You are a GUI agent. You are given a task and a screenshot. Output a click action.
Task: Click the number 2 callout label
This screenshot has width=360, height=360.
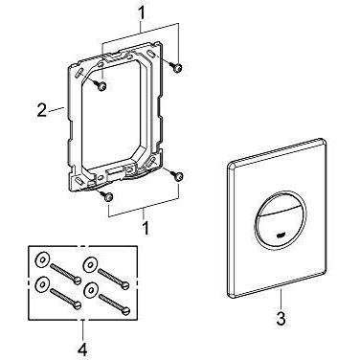[x=41, y=111]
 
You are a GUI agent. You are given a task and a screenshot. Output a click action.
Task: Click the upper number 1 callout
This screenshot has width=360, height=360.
[x=141, y=13]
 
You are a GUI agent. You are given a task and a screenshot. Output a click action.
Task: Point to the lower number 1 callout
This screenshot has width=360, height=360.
[x=146, y=228]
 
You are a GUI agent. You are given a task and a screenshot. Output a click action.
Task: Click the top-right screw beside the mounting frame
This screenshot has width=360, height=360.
[x=176, y=67]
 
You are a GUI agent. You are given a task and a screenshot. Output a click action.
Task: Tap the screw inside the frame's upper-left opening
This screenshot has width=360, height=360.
[x=100, y=85]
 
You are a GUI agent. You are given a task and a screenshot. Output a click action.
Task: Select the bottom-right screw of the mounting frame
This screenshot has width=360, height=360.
[x=177, y=175]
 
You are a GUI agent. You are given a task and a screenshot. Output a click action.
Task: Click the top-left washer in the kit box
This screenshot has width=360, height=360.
[x=41, y=259]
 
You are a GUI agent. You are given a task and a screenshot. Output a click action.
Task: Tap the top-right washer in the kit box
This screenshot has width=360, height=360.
[x=88, y=263]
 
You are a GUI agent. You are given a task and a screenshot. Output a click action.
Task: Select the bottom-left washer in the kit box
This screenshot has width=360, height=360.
[x=41, y=283]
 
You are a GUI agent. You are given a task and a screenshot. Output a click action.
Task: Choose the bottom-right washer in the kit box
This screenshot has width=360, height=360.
[x=91, y=289]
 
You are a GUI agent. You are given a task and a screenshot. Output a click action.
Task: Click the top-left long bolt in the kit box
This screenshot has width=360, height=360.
[x=65, y=272]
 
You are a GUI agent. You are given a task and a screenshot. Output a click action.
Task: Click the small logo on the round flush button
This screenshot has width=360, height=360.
[x=280, y=236]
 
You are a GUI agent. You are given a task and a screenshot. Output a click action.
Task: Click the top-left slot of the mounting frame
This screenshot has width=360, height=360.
[x=78, y=72]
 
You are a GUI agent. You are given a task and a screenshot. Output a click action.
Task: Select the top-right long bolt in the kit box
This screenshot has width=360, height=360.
[x=114, y=278]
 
